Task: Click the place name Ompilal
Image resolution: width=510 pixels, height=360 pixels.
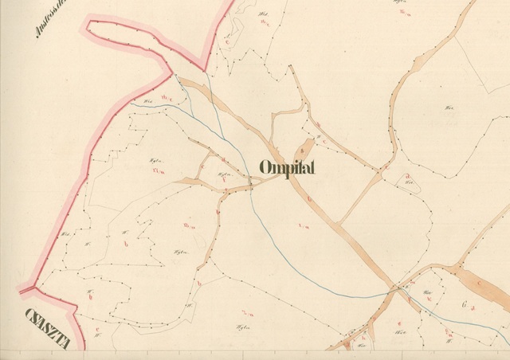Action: [288, 168]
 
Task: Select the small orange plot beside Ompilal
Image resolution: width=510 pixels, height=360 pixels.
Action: [304, 148]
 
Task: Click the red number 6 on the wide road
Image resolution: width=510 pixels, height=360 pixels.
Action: [307, 198]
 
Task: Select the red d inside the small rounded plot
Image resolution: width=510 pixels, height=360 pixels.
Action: [407, 176]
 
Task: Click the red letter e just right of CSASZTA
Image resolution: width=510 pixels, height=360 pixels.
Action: [96, 328]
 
